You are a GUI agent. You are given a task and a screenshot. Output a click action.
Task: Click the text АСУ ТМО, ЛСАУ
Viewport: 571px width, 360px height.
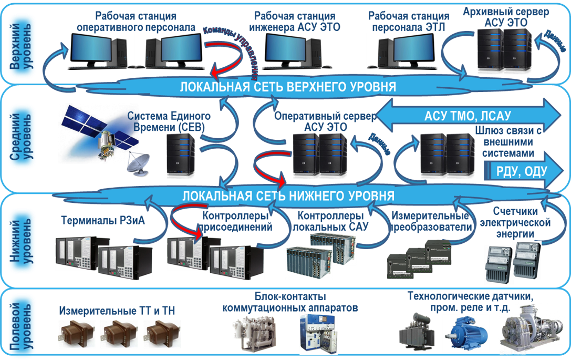(x=468, y=116)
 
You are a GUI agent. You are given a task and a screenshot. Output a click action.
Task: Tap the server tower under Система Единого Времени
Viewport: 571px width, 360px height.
(x=181, y=156)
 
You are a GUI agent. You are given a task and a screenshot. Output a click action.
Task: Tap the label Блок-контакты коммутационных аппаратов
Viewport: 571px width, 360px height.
(x=290, y=302)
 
